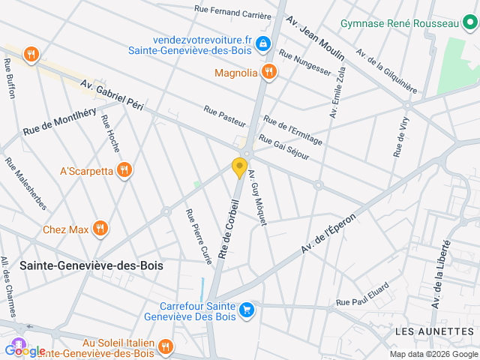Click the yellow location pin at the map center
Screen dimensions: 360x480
[240, 168]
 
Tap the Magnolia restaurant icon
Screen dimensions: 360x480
[269, 73]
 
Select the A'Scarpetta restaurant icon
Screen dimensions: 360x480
[125, 171]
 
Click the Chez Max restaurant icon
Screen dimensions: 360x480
[100, 229]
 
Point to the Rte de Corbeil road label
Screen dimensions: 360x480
[229, 229]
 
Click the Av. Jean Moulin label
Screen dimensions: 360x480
[317, 38]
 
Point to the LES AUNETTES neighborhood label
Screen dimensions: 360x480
[433, 331]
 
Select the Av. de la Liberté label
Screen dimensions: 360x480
[441, 274]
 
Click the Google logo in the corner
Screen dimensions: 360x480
[24, 350]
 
